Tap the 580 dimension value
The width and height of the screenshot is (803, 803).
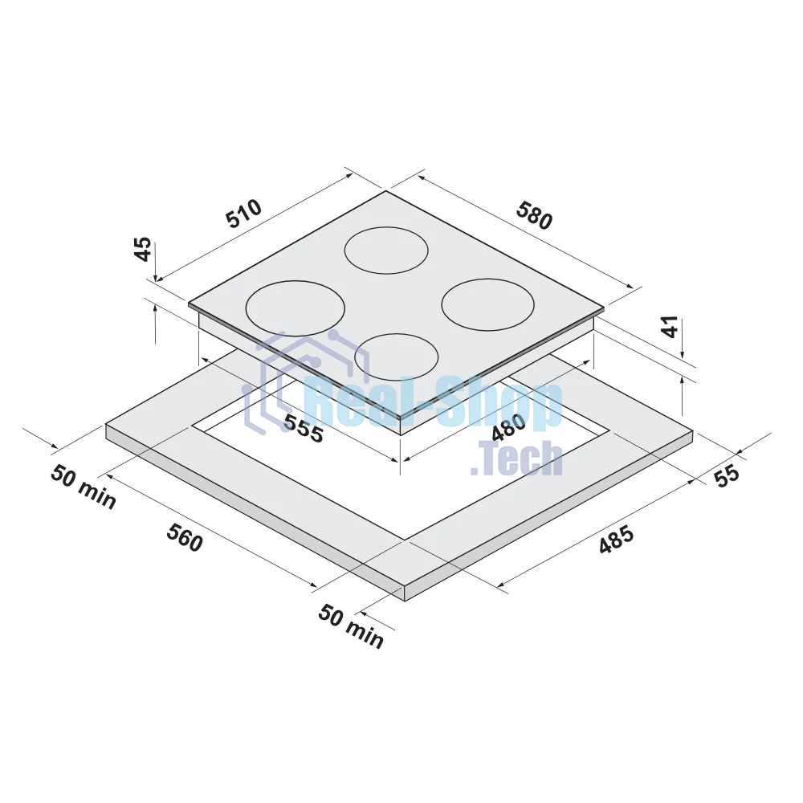click(535, 215)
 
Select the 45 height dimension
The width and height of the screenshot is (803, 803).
click(143, 249)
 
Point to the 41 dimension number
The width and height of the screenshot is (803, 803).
click(671, 326)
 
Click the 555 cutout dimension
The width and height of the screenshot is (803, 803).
click(304, 428)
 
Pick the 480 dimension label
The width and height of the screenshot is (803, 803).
click(508, 426)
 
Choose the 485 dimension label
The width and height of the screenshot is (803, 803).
click(617, 540)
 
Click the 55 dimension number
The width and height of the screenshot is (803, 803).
click(727, 475)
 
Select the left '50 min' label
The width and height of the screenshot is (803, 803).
click(84, 487)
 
